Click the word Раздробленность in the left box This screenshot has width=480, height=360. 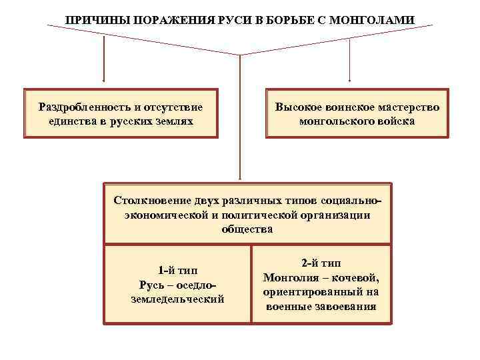(81, 107)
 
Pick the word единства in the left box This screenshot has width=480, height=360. (71, 121)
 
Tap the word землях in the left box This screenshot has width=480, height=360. (173, 121)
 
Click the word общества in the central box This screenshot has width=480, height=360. (247, 229)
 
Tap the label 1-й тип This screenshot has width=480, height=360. (177, 270)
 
